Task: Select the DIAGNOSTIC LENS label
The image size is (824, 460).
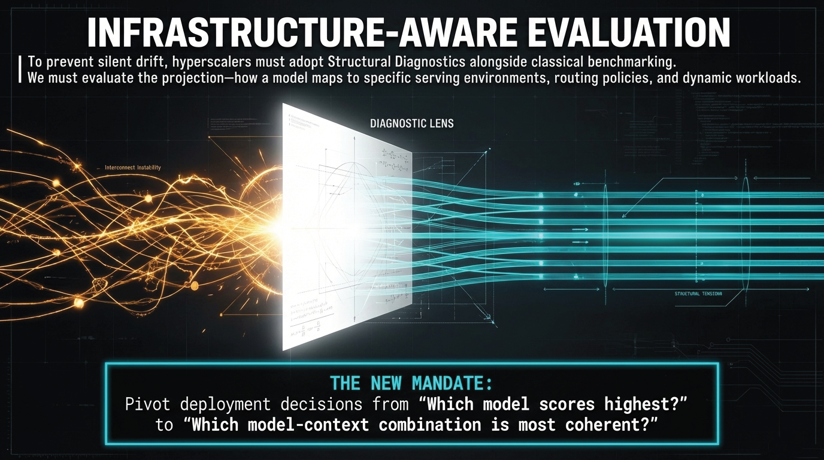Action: point(412,124)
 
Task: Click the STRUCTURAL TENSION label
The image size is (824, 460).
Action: point(698,294)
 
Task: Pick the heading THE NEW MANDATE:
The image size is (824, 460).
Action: point(411,383)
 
